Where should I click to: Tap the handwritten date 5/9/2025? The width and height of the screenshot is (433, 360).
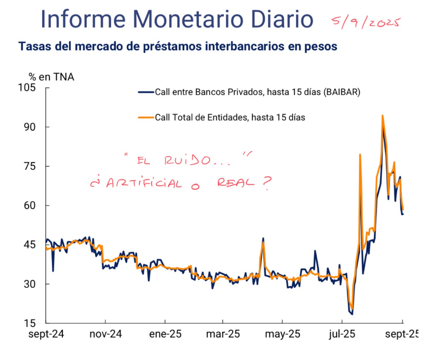pyautogui.click(x=366, y=22)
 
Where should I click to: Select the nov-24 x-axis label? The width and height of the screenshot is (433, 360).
pyautogui.click(x=106, y=334)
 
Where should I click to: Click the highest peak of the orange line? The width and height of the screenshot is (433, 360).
pyautogui.click(x=382, y=116)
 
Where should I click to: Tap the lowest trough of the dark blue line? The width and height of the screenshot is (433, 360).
pyautogui.click(x=352, y=314)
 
